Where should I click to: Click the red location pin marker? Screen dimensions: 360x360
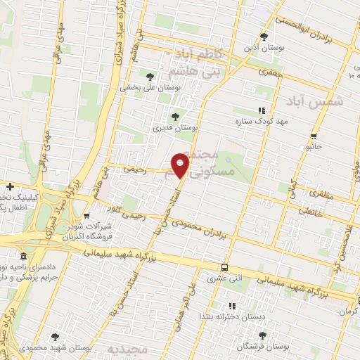(181, 166)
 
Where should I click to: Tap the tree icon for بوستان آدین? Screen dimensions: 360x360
(264, 36)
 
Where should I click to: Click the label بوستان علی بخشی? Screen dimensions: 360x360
(150, 88)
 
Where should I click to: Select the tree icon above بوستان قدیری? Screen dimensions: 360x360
(175, 117)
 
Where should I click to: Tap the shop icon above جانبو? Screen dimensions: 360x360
(314, 136)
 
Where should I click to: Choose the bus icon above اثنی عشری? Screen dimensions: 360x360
(224, 267)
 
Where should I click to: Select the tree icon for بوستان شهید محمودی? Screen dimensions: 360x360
(55, 337)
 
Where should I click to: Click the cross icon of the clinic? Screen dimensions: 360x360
(10, 186)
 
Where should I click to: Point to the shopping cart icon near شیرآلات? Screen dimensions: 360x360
(86, 217)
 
